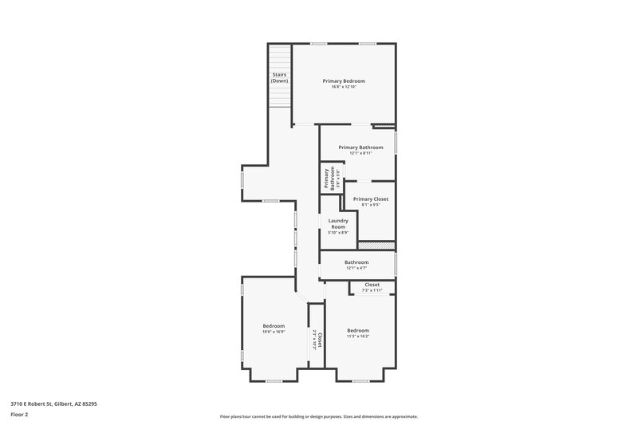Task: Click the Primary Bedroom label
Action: pos(344,81)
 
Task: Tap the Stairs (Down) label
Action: pos(279,77)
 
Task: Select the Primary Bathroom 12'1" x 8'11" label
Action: pos(360,148)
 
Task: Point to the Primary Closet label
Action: pos(371,199)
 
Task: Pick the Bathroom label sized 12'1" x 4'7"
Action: pos(356,262)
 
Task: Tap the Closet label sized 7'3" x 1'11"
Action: pos(372,285)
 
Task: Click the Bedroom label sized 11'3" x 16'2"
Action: pos(358,330)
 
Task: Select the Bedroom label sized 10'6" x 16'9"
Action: pos(274,325)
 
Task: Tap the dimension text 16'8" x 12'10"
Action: pos(344,87)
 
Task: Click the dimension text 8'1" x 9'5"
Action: pos(371,205)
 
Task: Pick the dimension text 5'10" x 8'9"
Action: pos(338,233)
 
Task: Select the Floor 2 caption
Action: pos(20,415)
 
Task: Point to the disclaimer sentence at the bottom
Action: pos(318,416)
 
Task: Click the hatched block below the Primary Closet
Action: pos(376,246)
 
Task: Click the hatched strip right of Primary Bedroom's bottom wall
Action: pos(384,125)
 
